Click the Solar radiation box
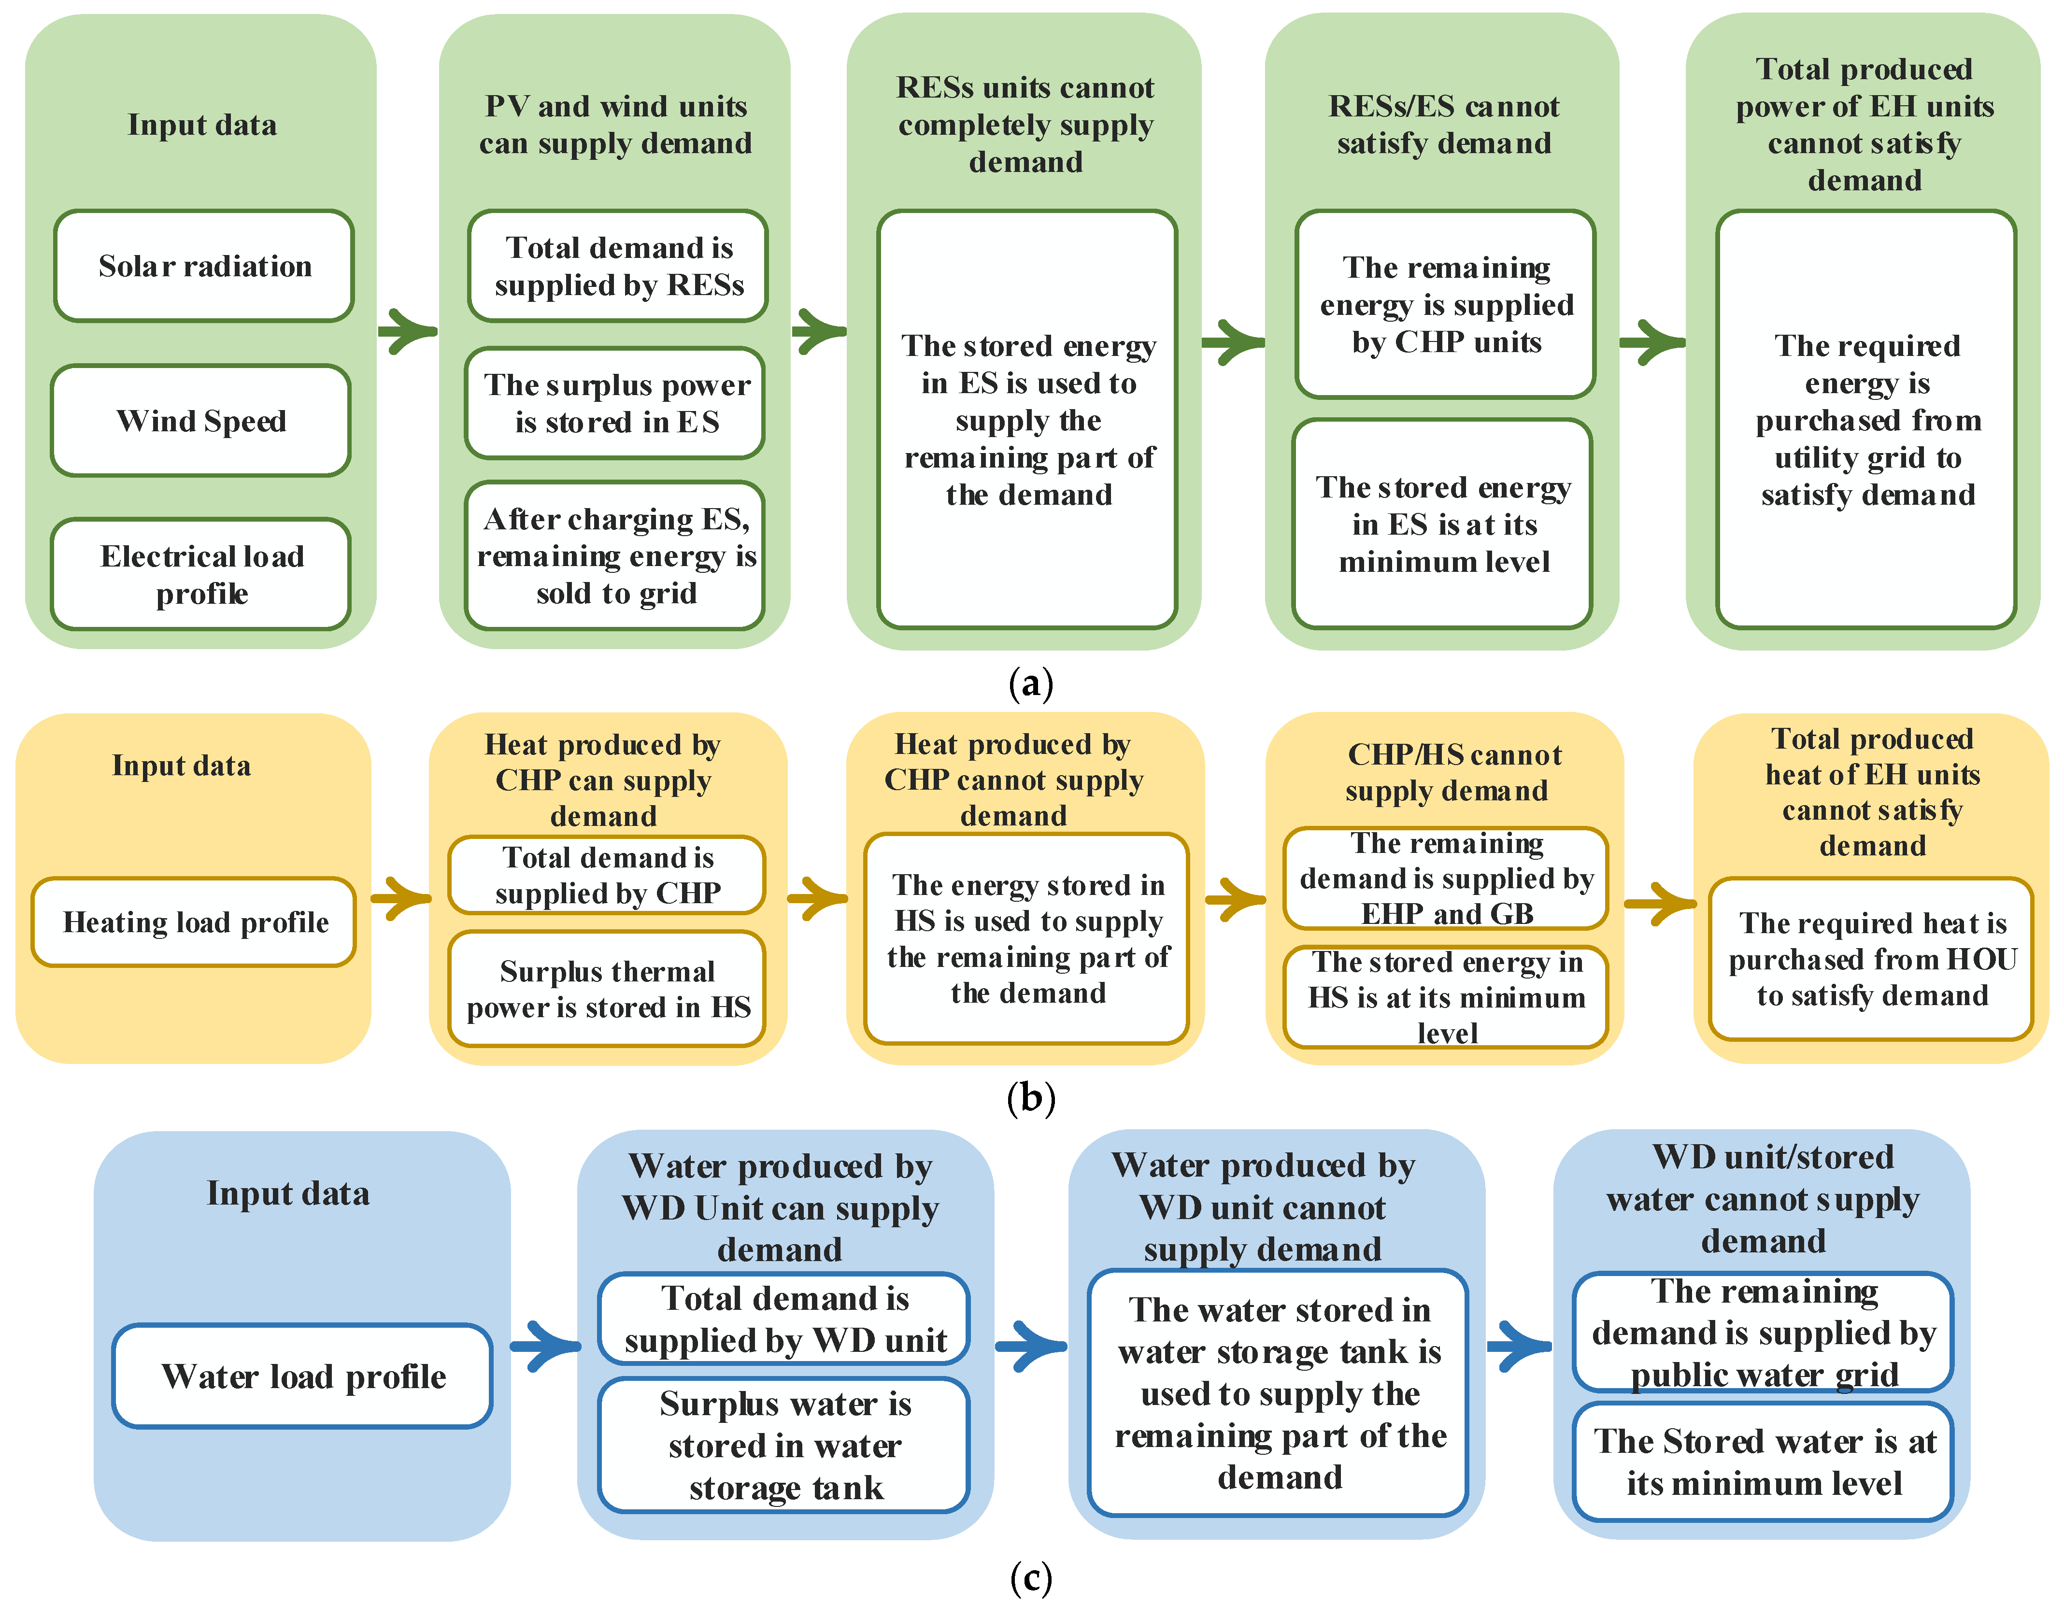pyautogui.click(x=204, y=266)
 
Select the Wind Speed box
pyautogui.click(x=201, y=421)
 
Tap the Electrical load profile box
pyautogui.click(x=201, y=574)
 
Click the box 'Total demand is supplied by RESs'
pyautogui.click(x=618, y=266)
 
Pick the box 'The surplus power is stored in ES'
pyautogui.click(x=616, y=404)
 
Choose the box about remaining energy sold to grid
pyautogui.click(x=616, y=556)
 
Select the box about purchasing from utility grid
pyautogui.click(x=1866, y=420)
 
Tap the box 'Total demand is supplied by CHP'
pyautogui.click(x=607, y=875)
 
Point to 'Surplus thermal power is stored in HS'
pyautogui.click(x=607, y=989)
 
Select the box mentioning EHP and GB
pyautogui.click(x=1445, y=878)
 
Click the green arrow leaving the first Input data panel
pyautogui.click(x=407, y=331)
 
